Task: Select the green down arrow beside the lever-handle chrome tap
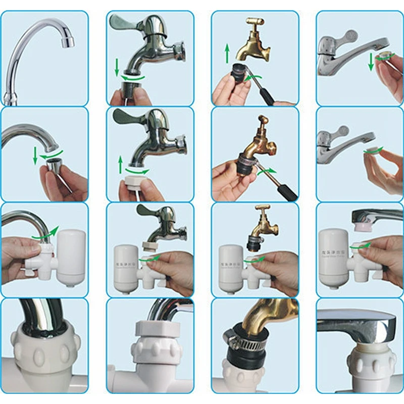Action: pos(117,66)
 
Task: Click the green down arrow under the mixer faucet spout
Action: pos(371,62)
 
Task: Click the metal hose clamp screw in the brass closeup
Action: pos(229,337)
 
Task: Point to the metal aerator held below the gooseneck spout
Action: pos(52,164)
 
